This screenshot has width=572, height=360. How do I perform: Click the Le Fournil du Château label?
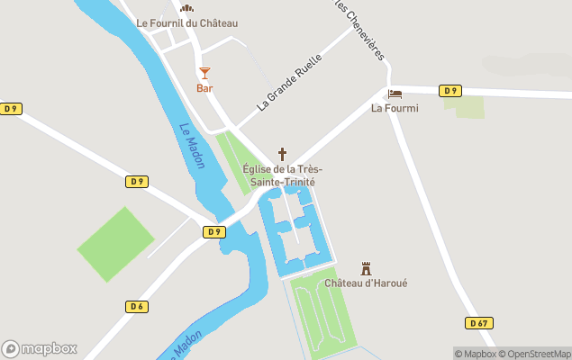[186, 23]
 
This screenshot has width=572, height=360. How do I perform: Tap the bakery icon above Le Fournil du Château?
[186, 8]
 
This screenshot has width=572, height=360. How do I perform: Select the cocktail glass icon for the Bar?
[204, 72]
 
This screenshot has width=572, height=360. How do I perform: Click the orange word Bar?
[204, 88]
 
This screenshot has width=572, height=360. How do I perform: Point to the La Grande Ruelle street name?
[289, 82]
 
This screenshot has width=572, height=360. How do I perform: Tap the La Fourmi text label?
[395, 109]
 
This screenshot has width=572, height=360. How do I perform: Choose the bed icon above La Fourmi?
[395, 94]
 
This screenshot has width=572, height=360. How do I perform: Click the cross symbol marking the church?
[282, 154]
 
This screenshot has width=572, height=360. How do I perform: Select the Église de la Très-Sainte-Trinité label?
[283, 175]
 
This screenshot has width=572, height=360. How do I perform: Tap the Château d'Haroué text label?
[366, 283]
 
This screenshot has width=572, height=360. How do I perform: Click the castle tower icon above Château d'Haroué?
[366, 267]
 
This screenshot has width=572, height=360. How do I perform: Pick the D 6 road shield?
[136, 307]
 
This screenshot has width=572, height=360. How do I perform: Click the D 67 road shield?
[479, 323]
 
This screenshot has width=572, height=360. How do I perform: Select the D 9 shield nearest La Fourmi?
[449, 90]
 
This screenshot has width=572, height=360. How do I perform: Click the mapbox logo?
[40, 348]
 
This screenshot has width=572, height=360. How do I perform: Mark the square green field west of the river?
[115, 244]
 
